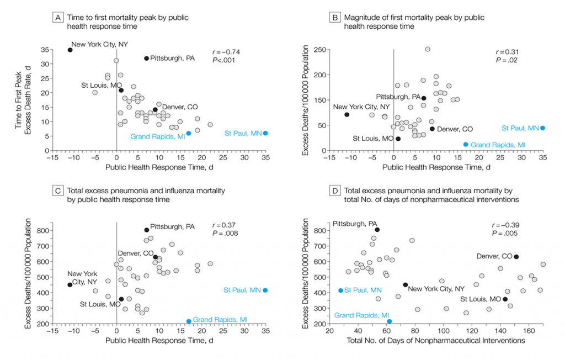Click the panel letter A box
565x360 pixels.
pos(56,18)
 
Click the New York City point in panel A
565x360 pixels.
pos(70,50)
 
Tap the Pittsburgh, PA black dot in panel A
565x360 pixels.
pos(147,58)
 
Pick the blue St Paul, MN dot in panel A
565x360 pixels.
pos(265,133)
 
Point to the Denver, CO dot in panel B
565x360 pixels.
pos(432,129)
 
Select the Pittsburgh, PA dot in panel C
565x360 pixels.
pos(147,230)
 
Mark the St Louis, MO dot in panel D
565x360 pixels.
pos(506,299)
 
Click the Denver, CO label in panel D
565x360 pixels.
pos(493,256)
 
